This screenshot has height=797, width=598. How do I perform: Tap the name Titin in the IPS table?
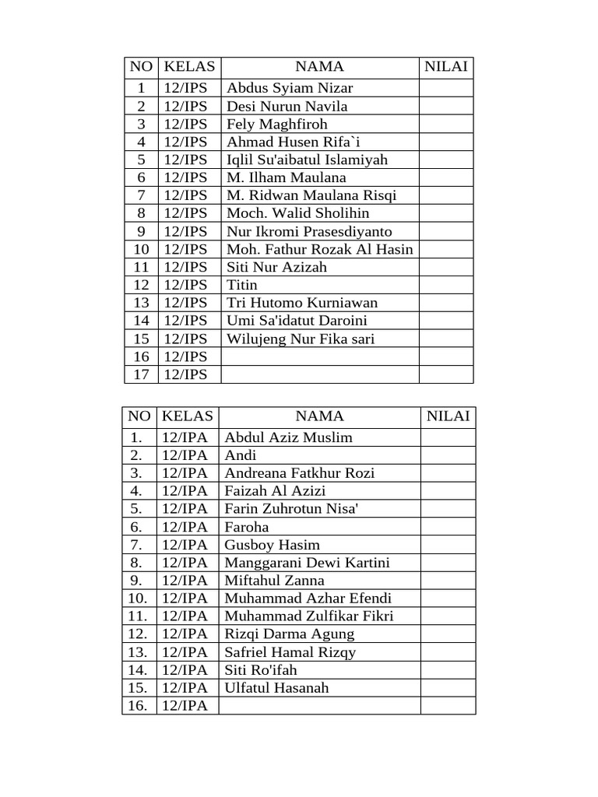(x=241, y=285)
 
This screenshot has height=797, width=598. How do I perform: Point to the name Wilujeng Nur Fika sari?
(x=301, y=339)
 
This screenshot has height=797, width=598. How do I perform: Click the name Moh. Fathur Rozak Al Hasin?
(x=319, y=249)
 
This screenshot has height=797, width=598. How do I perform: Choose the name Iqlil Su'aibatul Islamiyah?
(x=307, y=160)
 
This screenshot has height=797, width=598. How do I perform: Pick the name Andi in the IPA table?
(x=241, y=455)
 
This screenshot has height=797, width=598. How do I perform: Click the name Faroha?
(x=247, y=527)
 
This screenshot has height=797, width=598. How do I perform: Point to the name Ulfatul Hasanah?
(x=276, y=688)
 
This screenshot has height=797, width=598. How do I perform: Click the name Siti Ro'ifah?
(x=261, y=670)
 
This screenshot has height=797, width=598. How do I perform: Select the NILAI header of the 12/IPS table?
(x=446, y=67)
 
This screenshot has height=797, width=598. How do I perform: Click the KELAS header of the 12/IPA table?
(x=188, y=416)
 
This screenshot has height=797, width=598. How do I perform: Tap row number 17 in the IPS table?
(x=141, y=374)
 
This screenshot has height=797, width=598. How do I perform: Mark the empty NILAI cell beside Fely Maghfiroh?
(x=446, y=124)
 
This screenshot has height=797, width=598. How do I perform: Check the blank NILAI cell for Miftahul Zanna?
(x=448, y=581)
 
